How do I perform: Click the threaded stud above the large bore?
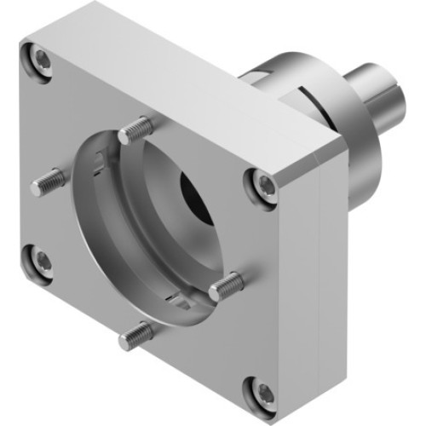coord(136,130)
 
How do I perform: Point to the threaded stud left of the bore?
coord(49,181)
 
